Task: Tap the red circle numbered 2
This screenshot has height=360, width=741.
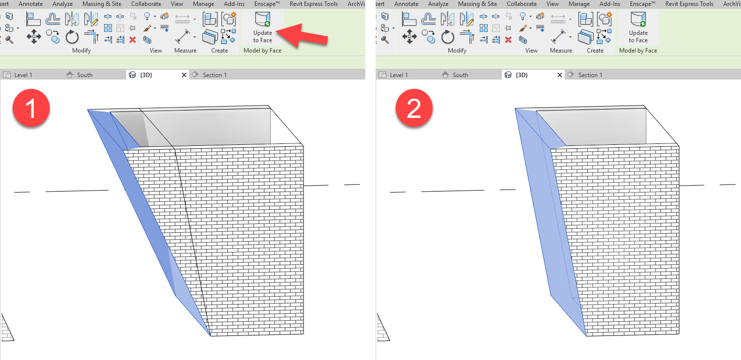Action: pos(414,110)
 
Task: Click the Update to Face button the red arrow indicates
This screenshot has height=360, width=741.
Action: pos(263,27)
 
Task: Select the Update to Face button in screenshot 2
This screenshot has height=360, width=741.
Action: pos(638,27)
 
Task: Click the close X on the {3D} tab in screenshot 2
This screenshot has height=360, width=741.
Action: pos(560,75)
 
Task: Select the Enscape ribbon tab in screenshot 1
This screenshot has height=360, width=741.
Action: pos(268,4)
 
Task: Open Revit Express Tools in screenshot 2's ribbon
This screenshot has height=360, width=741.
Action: pos(689,4)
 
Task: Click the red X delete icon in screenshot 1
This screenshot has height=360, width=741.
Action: pos(133,40)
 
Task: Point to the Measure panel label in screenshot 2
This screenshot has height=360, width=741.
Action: pos(561,51)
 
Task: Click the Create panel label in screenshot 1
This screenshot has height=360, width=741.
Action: pos(220,51)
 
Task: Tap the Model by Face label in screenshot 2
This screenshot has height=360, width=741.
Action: pos(638,51)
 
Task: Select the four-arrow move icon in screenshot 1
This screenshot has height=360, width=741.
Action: pos(34,37)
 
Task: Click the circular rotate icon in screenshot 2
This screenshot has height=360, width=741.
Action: pos(448,37)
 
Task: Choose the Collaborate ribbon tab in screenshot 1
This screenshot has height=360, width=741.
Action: pos(146,4)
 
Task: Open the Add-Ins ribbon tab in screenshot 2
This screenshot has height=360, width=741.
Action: pos(609,4)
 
